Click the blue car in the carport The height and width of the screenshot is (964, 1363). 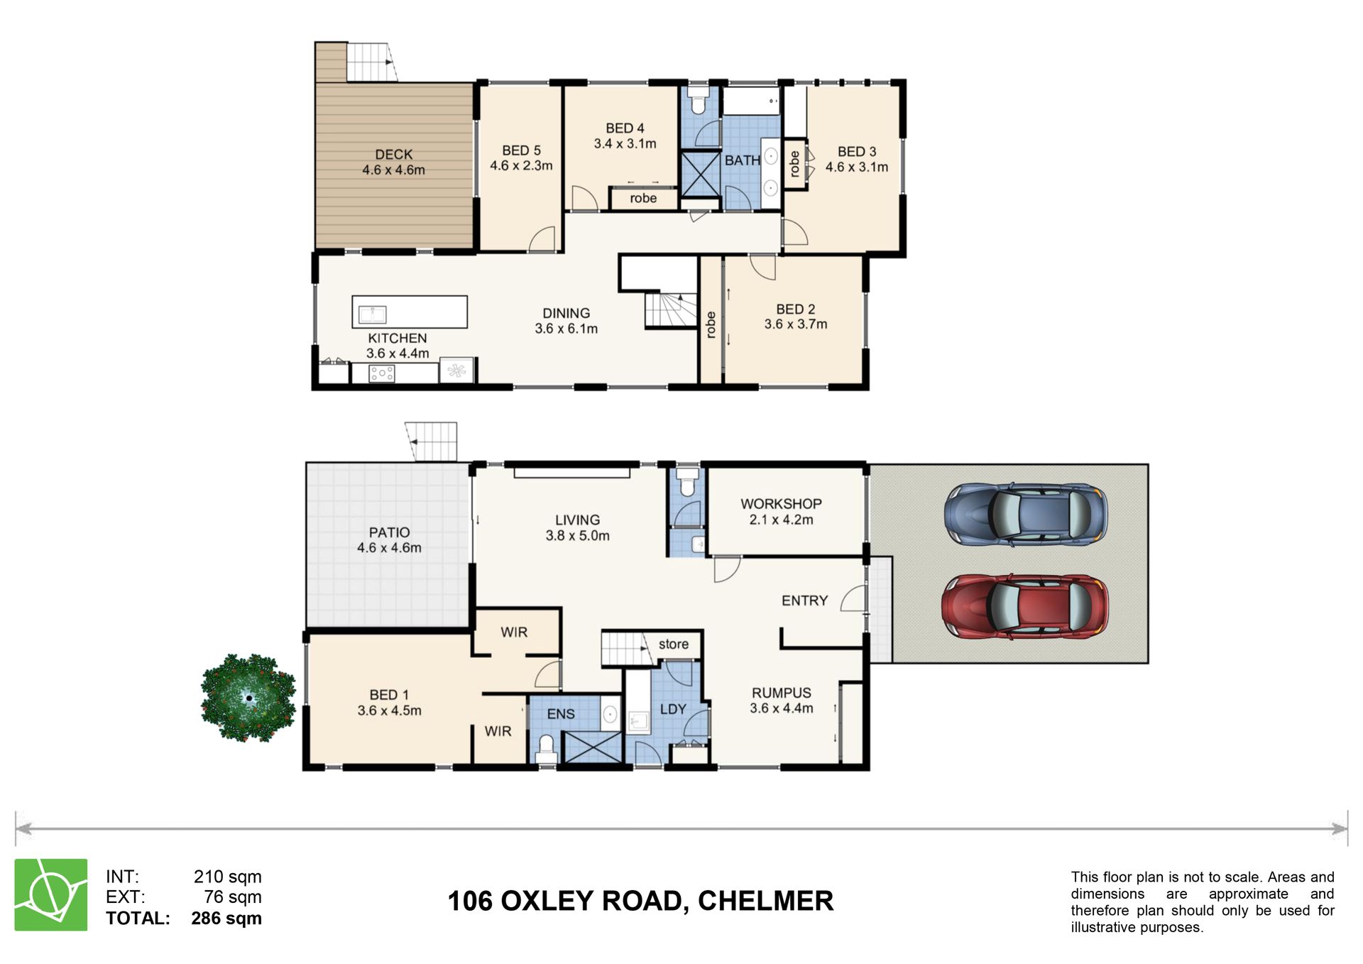tap(1025, 514)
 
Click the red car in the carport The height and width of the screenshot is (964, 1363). tap(1024, 608)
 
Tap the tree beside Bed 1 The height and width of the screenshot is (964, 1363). tap(248, 698)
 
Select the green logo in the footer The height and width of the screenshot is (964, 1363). tap(51, 894)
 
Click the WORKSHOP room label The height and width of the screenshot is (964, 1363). tap(781, 504)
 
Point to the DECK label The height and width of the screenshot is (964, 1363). tap(394, 155)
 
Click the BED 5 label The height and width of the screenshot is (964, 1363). tap(521, 150)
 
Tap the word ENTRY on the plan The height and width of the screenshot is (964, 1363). tap(804, 601)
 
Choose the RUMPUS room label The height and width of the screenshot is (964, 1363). tap(782, 693)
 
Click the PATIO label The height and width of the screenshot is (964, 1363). tap(389, 532)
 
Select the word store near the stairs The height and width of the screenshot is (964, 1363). tap(673, 644)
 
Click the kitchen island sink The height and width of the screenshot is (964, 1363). tap(372, 314)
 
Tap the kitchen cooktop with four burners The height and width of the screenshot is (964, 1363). tap(382, 373)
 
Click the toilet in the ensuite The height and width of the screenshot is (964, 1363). tap(546, 749)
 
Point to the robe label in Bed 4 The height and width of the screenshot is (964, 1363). tap(643, 198)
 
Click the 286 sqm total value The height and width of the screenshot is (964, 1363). tap(226, 918)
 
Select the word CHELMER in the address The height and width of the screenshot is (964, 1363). tap(765, 901)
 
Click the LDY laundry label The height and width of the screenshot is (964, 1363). tap(673, 709)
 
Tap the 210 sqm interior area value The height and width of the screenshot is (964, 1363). tap(227, 877)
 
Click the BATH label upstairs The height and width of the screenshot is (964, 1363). tap(743, 160)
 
